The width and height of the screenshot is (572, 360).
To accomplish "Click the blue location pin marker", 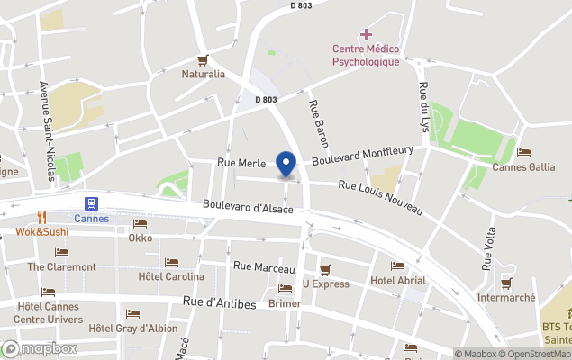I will [x=286, y=165].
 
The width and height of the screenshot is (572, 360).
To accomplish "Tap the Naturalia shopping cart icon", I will [x=204, y=60].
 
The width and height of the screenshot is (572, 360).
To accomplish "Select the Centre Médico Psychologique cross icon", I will [x=366, y=35].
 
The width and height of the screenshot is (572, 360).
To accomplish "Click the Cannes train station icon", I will [x=91, y=203].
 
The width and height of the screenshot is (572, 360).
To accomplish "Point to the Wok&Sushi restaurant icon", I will [x=41, y=217].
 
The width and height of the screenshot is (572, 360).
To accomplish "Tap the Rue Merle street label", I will [x=239, y=163].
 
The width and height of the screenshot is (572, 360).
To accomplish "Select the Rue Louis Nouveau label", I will [x=380, y=197].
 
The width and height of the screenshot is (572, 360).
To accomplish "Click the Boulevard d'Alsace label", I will [x=248, y=208].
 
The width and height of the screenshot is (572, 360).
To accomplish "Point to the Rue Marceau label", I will [x=264, y=267].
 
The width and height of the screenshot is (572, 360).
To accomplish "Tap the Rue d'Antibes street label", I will [x=219, y=304].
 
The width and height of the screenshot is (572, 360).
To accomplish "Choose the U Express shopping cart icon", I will [x=325, y=269].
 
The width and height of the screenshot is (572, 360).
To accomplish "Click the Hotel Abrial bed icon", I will [x=397, y=266].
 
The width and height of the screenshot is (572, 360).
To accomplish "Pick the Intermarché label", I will [x=506, y=297].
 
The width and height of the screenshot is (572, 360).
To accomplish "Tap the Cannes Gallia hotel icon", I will [x=524, y=153].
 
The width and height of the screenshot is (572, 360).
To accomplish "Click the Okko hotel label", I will [x=141, y=238].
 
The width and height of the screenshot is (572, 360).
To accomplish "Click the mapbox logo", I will [x=40, y=348].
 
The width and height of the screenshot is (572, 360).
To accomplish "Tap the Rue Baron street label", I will [x=318, y=123].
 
